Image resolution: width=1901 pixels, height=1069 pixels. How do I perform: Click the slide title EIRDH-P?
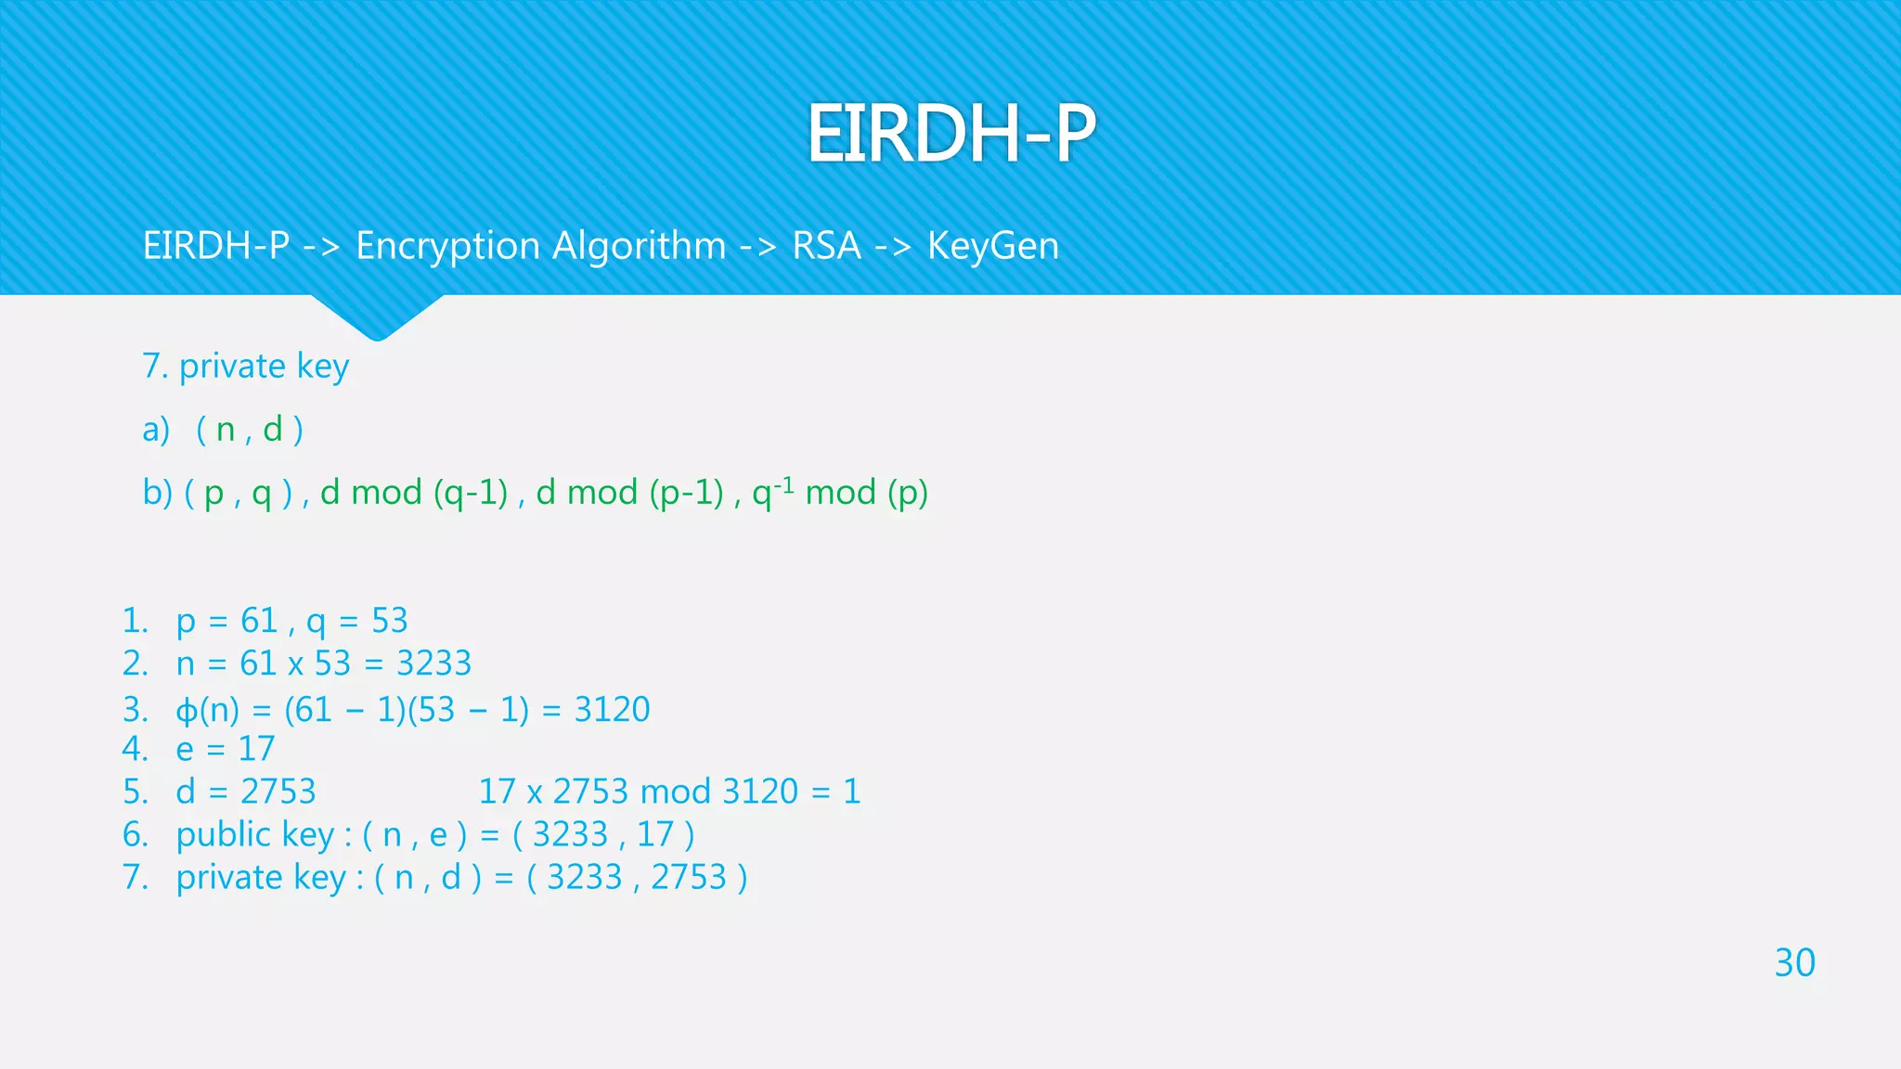950,134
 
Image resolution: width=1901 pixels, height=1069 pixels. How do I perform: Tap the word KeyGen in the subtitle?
992,246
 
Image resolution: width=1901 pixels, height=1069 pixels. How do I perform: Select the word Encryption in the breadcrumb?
447,246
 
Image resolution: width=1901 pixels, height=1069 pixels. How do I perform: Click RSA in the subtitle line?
826,246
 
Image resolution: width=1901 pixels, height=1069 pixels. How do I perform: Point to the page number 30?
1794,962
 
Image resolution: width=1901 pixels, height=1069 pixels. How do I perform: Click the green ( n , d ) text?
250,430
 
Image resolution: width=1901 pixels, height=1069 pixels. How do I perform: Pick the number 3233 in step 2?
433,663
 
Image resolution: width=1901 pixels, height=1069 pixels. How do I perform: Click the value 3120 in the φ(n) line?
612,710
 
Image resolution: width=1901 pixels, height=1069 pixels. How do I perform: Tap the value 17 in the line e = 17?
256,749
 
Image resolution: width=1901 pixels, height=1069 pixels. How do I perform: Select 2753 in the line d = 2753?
278,792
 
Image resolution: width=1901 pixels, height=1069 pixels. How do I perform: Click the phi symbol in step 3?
187,711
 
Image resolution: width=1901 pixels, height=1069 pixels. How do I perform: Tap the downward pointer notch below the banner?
377,319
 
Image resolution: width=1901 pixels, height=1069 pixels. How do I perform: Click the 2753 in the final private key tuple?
688,877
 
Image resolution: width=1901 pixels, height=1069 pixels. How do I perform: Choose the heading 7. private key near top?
245,367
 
